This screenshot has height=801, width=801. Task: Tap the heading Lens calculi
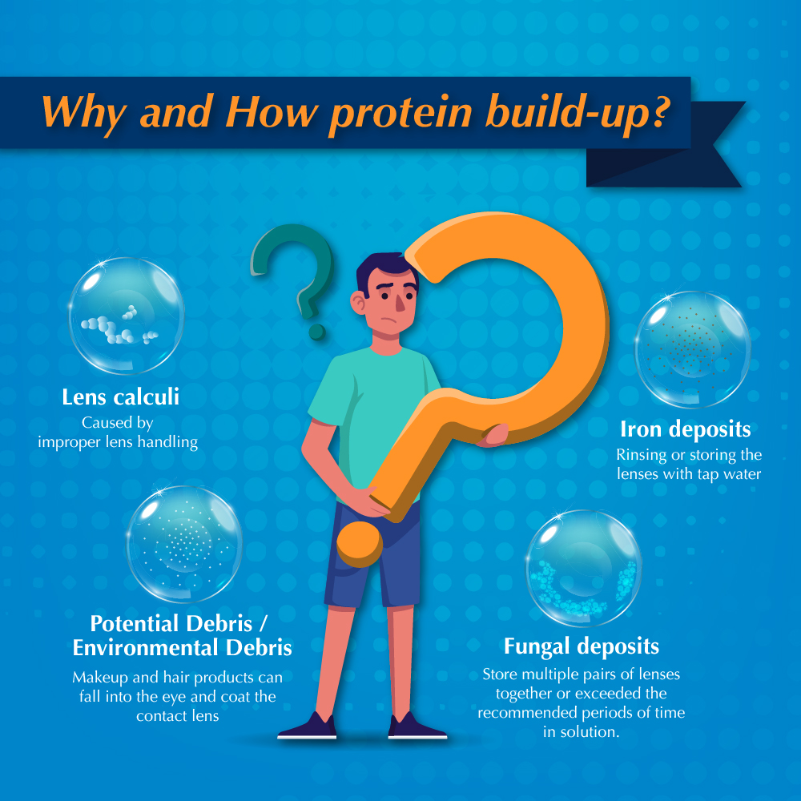tap(121, 397)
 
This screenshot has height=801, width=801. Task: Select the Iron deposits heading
tap(686, 429)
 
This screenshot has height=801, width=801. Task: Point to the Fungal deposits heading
tap(582, 646)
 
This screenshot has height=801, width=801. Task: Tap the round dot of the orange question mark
tap(360, 544)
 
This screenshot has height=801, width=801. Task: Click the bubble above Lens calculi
tap(127, 316)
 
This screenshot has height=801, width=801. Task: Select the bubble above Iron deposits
tap(693, 349)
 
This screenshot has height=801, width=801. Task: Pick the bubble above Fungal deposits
tap(584, 568)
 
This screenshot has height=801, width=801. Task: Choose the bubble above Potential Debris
tap(184, 544)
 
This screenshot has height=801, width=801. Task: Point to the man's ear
tap(359, 303)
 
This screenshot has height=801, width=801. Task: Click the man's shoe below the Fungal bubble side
tap(417, 727)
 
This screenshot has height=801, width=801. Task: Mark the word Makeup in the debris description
tap(100, 678)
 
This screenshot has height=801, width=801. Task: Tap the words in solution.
tap(582, 732)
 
